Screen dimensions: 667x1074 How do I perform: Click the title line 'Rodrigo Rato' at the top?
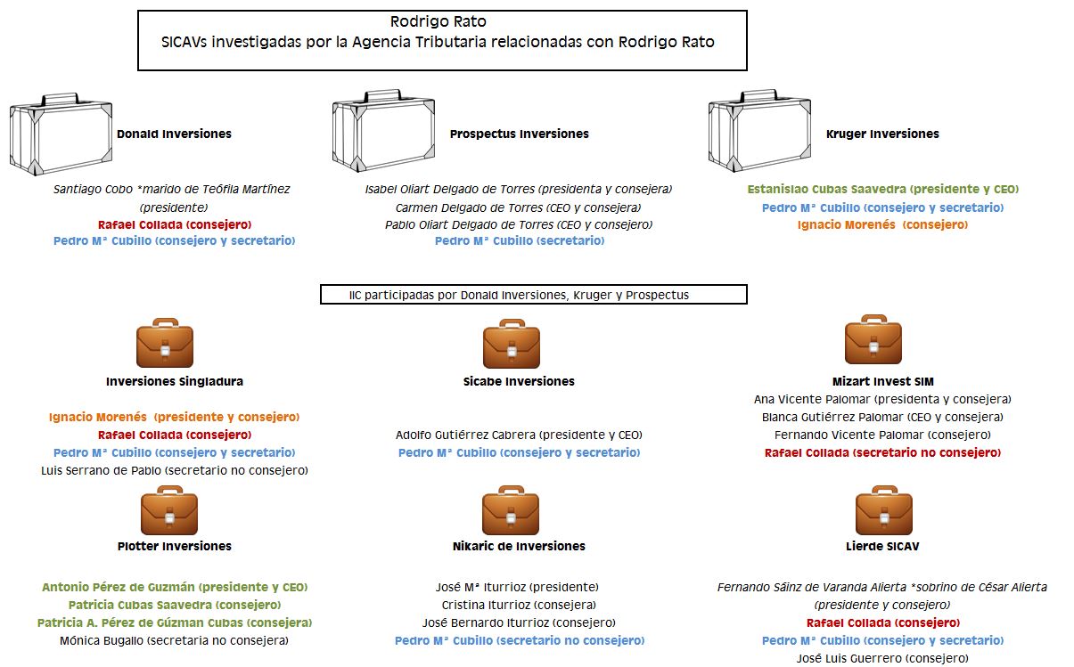[x=439, y=21]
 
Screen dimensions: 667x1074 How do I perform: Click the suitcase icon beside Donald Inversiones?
[x=61, y=134]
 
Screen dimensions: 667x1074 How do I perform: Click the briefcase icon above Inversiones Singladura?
[x=165, y=343]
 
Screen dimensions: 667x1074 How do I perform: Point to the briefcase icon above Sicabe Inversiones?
[x=511, y=343]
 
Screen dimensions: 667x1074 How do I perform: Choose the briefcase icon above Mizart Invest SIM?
[x=873, y=339]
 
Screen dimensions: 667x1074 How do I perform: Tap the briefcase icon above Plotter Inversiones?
[x=169, y=510]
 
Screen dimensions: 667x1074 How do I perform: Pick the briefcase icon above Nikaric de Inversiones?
[x=511, y=510]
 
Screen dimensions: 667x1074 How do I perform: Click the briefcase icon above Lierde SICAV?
[x=883, y=510]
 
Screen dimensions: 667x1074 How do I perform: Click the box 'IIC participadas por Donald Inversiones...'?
[x=533, y=295]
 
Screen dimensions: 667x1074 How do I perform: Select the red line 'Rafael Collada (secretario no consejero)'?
[x=882, y=453]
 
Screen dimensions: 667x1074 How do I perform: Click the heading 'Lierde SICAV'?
[x=882, y=546]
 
